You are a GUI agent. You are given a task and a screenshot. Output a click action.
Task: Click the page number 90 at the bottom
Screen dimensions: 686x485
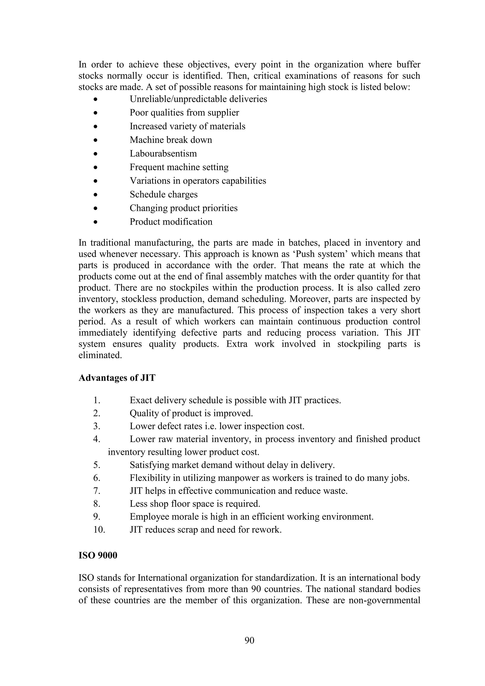tap(249, 640)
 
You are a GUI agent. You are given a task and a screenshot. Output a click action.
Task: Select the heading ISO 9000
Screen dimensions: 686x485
tap(98, 555)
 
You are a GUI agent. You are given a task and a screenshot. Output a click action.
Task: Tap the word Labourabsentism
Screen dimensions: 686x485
tap(163, 153)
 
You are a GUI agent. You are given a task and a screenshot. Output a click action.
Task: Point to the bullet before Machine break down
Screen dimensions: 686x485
tap(95, 140)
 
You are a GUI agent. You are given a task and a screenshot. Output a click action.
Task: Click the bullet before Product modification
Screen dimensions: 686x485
tap(95, 222)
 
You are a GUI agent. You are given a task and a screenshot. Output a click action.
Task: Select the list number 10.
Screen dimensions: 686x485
tap(99, 530)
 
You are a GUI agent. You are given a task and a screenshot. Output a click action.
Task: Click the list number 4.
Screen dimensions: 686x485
tap(96, 439)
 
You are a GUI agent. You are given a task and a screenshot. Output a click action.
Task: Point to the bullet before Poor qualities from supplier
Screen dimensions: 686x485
tap(95, 113)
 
